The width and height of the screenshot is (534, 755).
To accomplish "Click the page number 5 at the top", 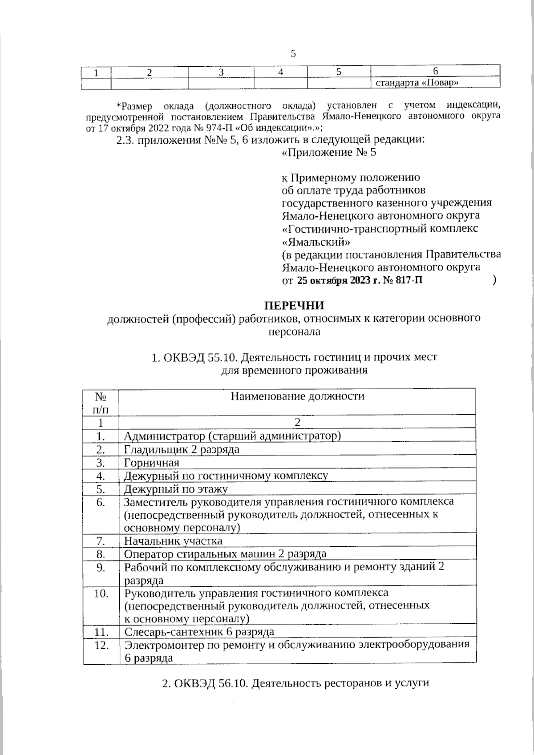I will tap(293, 54).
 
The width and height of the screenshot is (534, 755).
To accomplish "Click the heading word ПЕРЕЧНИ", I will tap(295, 306).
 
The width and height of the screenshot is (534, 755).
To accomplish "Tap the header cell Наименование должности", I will tap(297, 396).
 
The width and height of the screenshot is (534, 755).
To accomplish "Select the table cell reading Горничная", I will tap(152, 462).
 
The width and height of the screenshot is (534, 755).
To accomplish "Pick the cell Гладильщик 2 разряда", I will tap(182, 449).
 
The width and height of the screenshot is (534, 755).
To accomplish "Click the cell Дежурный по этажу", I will tap(176, 489).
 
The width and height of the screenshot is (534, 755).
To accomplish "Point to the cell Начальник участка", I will tap(173, 541).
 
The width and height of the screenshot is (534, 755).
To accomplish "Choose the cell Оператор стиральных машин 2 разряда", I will tap(225, 554).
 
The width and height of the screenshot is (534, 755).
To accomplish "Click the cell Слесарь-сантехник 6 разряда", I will tap(199, 632).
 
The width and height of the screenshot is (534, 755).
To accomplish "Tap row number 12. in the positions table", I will tap(101, 645).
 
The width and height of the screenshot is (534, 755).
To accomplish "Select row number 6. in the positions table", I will tap(101, 502).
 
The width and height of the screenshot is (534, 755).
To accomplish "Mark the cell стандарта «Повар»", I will tap(417, 82).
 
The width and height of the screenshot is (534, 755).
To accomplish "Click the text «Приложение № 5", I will tap(329, 153).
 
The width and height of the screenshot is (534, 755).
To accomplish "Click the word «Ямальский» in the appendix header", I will tap(316, 242).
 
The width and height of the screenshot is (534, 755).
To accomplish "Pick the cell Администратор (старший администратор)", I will tap(232, 436).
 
